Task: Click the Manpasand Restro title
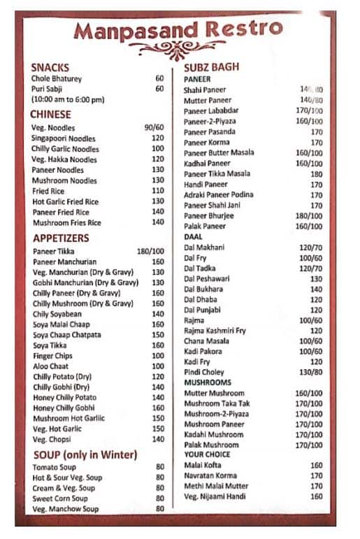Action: click(x=178, y=29)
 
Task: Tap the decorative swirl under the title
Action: click(x=178, y=50)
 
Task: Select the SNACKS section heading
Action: click(x=50, y=67)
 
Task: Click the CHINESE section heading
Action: click(x=51, y=114)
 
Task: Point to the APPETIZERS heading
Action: click(x=61, y=238)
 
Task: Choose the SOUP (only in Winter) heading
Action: click(x=85, y=455)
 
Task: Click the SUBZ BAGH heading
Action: click(x=211, y=67)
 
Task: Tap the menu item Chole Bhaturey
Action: click(x=57, y=78)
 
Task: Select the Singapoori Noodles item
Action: click(x=64, y=138)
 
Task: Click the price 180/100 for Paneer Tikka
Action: click(x=150, y=251)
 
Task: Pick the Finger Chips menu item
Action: click(x=53, y=356)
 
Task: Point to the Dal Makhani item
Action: click(x=203, y=247)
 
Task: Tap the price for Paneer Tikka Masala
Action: click(x=316, y=174)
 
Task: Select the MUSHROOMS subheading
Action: click(x=208, y=383)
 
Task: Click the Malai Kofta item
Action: click(x=203, y=465)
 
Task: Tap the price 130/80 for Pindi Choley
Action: click(x=310, y=373)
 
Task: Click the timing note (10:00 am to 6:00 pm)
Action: click(x=67, y=99)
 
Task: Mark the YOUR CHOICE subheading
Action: click(x=208, y=454)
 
